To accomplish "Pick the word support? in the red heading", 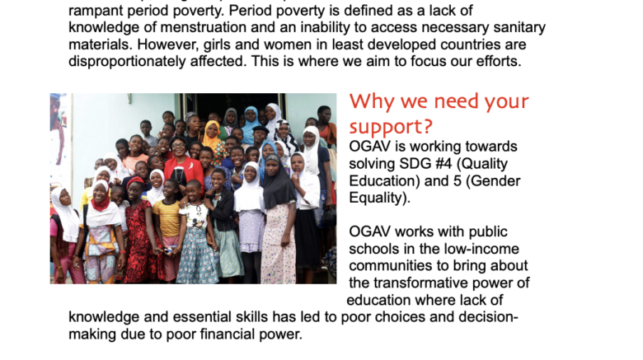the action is tap(391, 127).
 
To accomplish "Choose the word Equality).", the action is tap(380, 198).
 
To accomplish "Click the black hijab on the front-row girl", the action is tap(278, 182).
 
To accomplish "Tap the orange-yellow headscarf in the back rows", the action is tap(212, 134).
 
